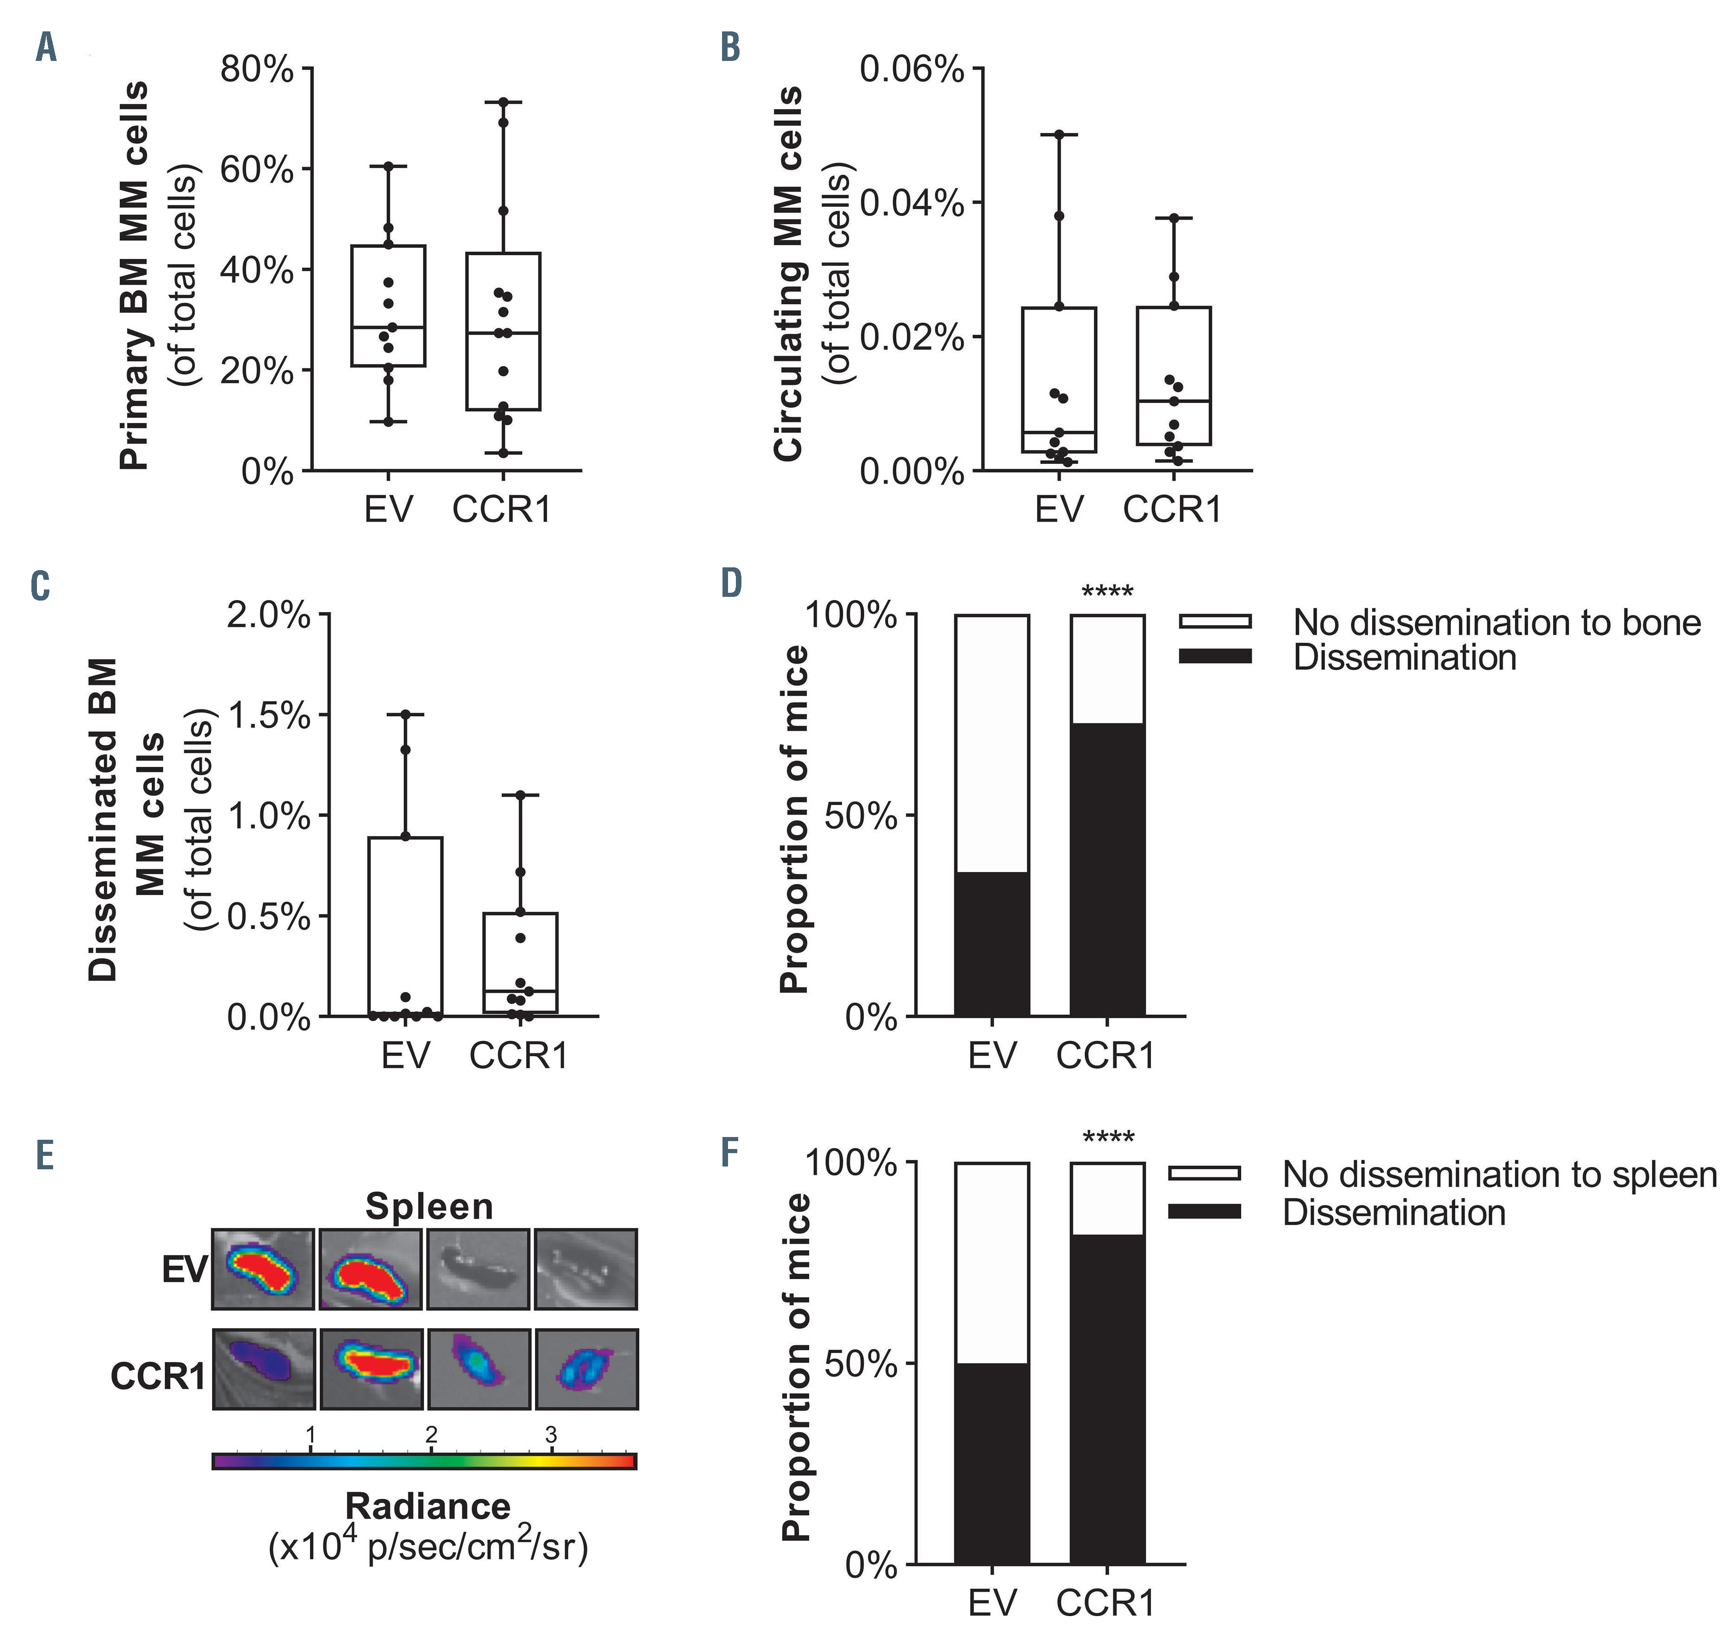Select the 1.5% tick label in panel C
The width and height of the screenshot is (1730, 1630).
pos(268,715)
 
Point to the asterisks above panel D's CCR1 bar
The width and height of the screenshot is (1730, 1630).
pos(1107,592)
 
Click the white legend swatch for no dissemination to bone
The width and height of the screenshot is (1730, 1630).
pos(1215,621)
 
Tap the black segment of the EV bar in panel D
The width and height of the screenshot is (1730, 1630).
pos(992,944)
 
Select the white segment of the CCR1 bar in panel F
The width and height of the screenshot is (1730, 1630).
pos(1107,1198)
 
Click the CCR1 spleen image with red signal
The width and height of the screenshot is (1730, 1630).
pos(371,1369)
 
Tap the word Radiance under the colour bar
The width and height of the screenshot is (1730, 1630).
pos(427,1506)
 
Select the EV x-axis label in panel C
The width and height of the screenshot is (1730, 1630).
pos(406,1055)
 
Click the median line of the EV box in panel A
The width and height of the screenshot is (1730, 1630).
pos(388,327)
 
